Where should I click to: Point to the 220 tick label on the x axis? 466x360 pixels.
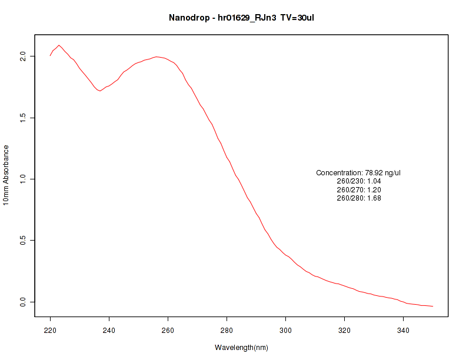51,331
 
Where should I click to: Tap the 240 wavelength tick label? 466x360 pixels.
109,331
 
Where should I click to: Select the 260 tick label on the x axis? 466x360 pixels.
168,331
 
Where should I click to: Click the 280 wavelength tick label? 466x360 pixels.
227,331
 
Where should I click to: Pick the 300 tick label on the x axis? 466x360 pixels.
286,331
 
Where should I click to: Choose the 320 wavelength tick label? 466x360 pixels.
345,331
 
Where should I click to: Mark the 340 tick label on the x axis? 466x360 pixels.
404,331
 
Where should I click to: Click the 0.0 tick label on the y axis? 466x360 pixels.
24,302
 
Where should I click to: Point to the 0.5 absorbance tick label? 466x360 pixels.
24,241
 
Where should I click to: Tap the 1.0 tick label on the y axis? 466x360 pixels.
24,179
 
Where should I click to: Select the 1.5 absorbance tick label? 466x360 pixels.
24,118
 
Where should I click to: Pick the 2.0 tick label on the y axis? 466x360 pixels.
24,56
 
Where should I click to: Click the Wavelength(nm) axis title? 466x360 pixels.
241,348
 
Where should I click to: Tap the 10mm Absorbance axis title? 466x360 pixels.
6,175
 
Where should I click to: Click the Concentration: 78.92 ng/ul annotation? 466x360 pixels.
358,173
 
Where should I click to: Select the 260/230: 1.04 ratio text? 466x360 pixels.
358,181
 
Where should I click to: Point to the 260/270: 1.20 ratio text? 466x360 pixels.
358,190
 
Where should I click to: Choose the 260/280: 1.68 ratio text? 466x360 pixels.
358,198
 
